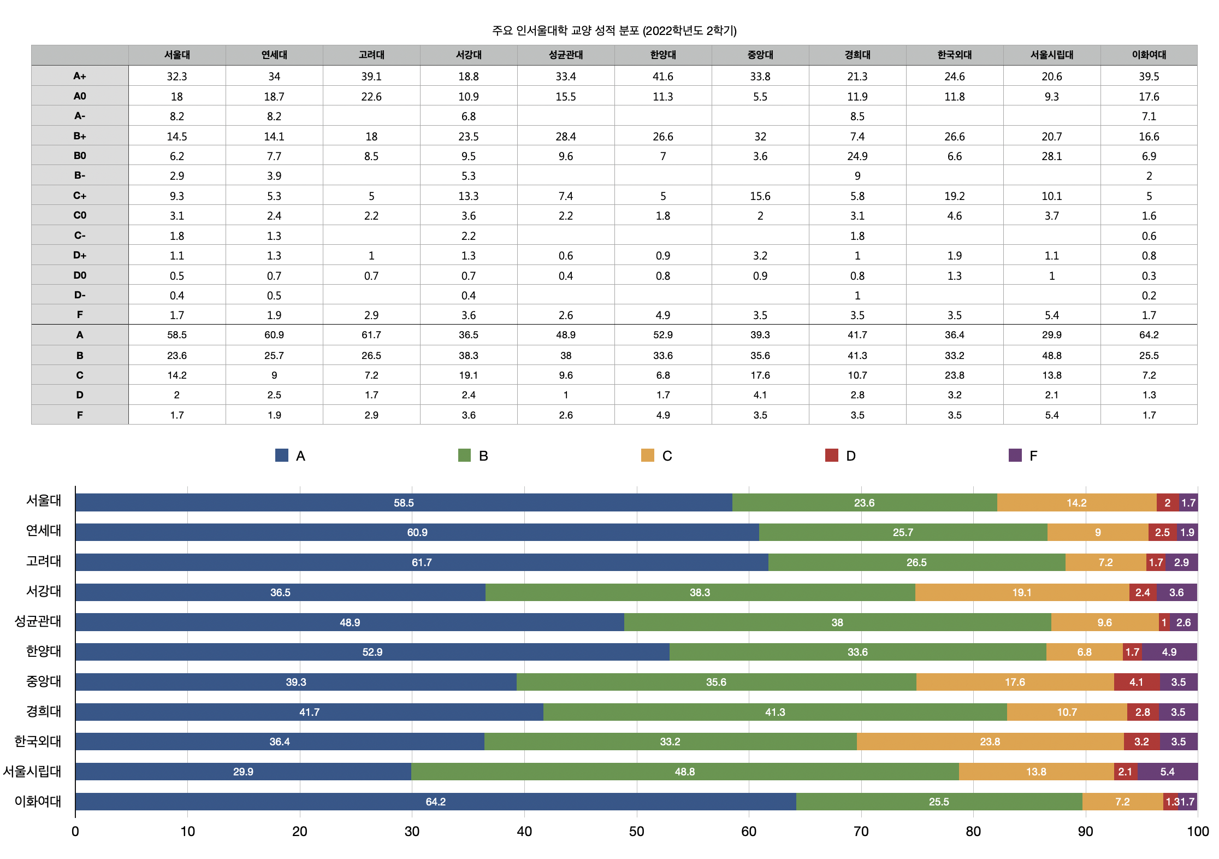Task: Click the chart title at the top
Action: coord(614,31)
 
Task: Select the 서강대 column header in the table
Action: coord(469,55)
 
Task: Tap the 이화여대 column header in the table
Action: coord(1149,55)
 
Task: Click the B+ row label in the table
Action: coord(80,136)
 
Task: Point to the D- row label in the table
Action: coord(80,295)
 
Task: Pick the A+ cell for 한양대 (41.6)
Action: coord(662,77)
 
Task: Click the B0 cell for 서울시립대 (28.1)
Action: coord(1051,156)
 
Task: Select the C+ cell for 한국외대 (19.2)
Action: coord(954,196)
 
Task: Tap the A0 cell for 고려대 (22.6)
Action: coord(371,97)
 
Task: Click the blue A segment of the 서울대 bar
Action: coord(404,503)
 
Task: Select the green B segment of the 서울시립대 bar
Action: coord(684,772)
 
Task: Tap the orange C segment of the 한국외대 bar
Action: coord(990,742)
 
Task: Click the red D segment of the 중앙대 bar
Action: coord(1136,682)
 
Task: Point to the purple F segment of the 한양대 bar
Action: coord(1169,652)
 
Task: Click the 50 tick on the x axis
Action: coord(636,832)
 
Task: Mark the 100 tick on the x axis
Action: coord(1197,832)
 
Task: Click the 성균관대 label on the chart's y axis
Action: coord(38,621)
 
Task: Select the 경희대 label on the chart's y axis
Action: coord(44,711)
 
